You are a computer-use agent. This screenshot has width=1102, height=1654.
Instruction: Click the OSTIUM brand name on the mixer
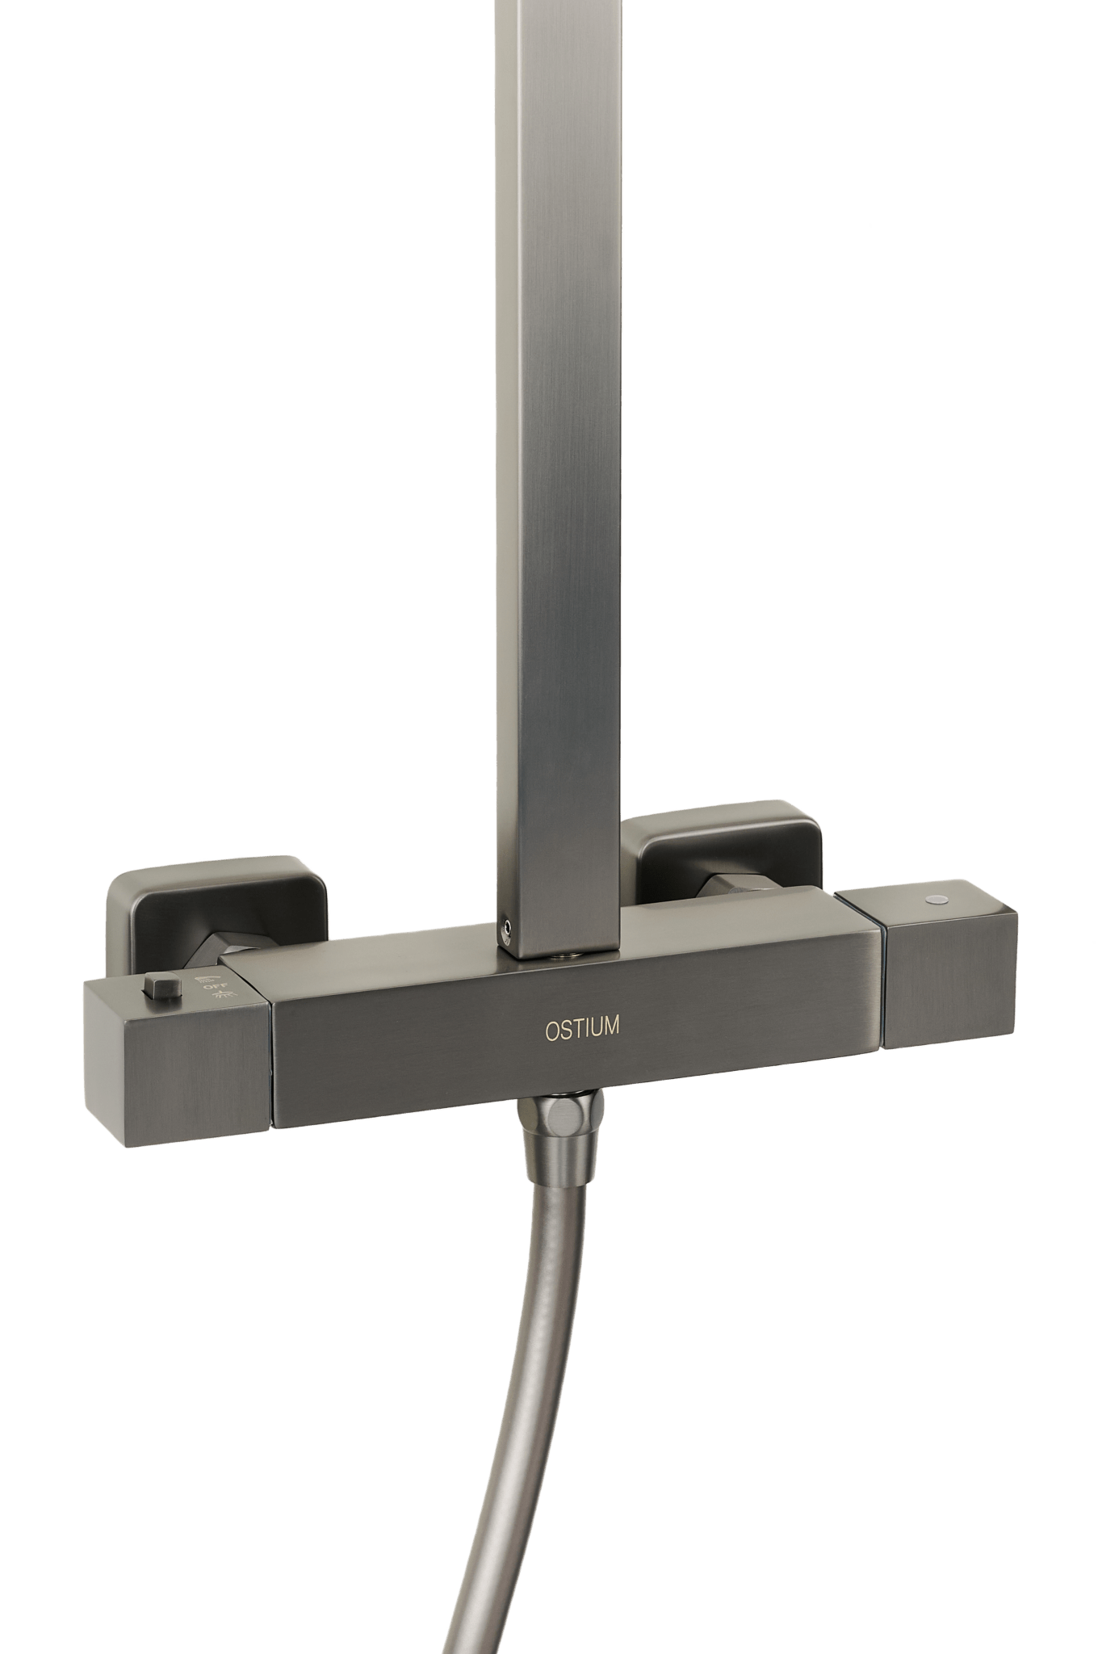(x=582, y=1028)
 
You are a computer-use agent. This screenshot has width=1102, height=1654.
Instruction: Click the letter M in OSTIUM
(x=611, y=1026)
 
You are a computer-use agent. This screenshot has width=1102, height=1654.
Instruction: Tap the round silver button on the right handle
(x=936, y=898)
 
